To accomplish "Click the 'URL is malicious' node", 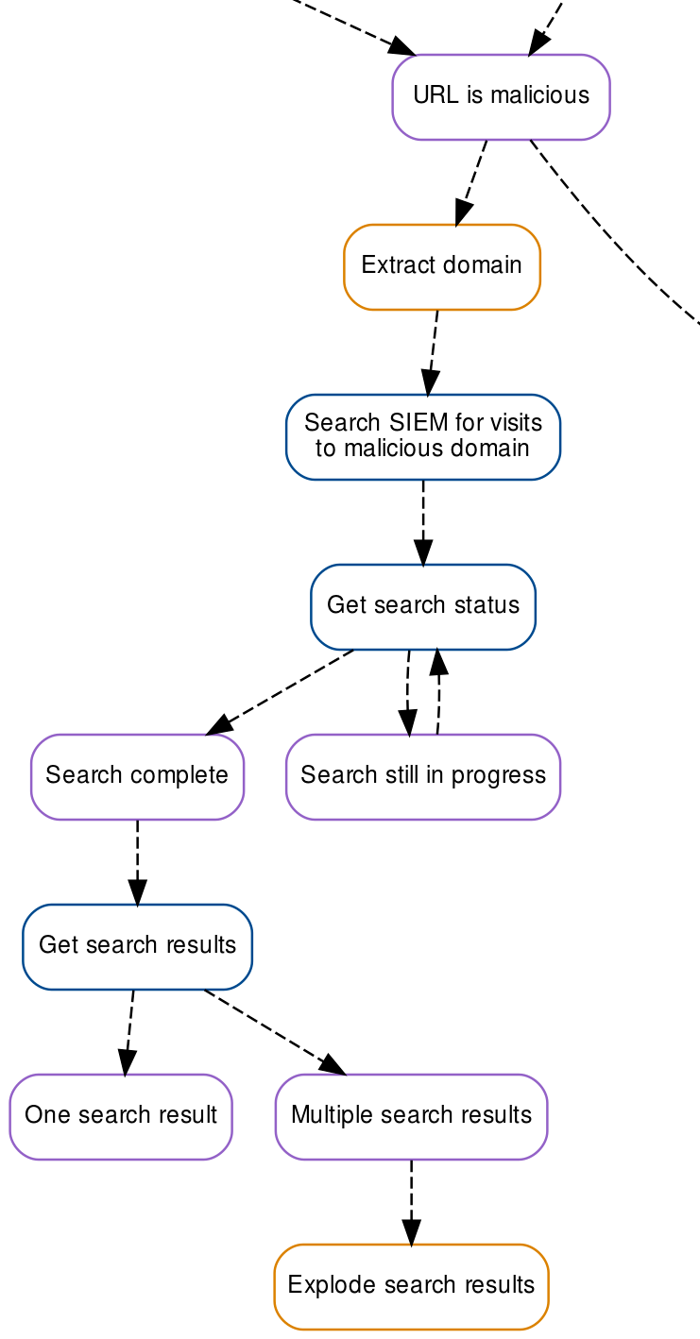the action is pos(501,97).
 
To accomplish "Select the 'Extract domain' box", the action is pos(442,267).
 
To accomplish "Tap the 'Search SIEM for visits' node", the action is pos(423,437).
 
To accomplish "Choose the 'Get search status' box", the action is pos(423,607).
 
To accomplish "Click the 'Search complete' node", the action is pos(138,776).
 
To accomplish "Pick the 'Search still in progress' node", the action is pos(423,776).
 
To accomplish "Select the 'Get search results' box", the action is pos(138,947).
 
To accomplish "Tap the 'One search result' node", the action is pos(121,1117).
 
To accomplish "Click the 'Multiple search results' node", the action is pos(411,1117).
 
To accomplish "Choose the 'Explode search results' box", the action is pos(411,1287).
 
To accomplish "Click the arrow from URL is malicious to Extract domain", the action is pos(471,183).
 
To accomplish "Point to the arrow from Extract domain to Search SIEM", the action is pos(433,352).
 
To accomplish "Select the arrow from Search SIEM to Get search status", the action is pos(423,522).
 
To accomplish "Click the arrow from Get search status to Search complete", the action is pos(280,692).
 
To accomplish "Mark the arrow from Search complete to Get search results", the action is pos(138,862).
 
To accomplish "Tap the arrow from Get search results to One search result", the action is pos(129,1032).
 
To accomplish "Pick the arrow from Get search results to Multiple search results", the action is pos(275,1032).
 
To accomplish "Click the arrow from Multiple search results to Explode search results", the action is pos(411,1202).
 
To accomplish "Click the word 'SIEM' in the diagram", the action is pos(418,423).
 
